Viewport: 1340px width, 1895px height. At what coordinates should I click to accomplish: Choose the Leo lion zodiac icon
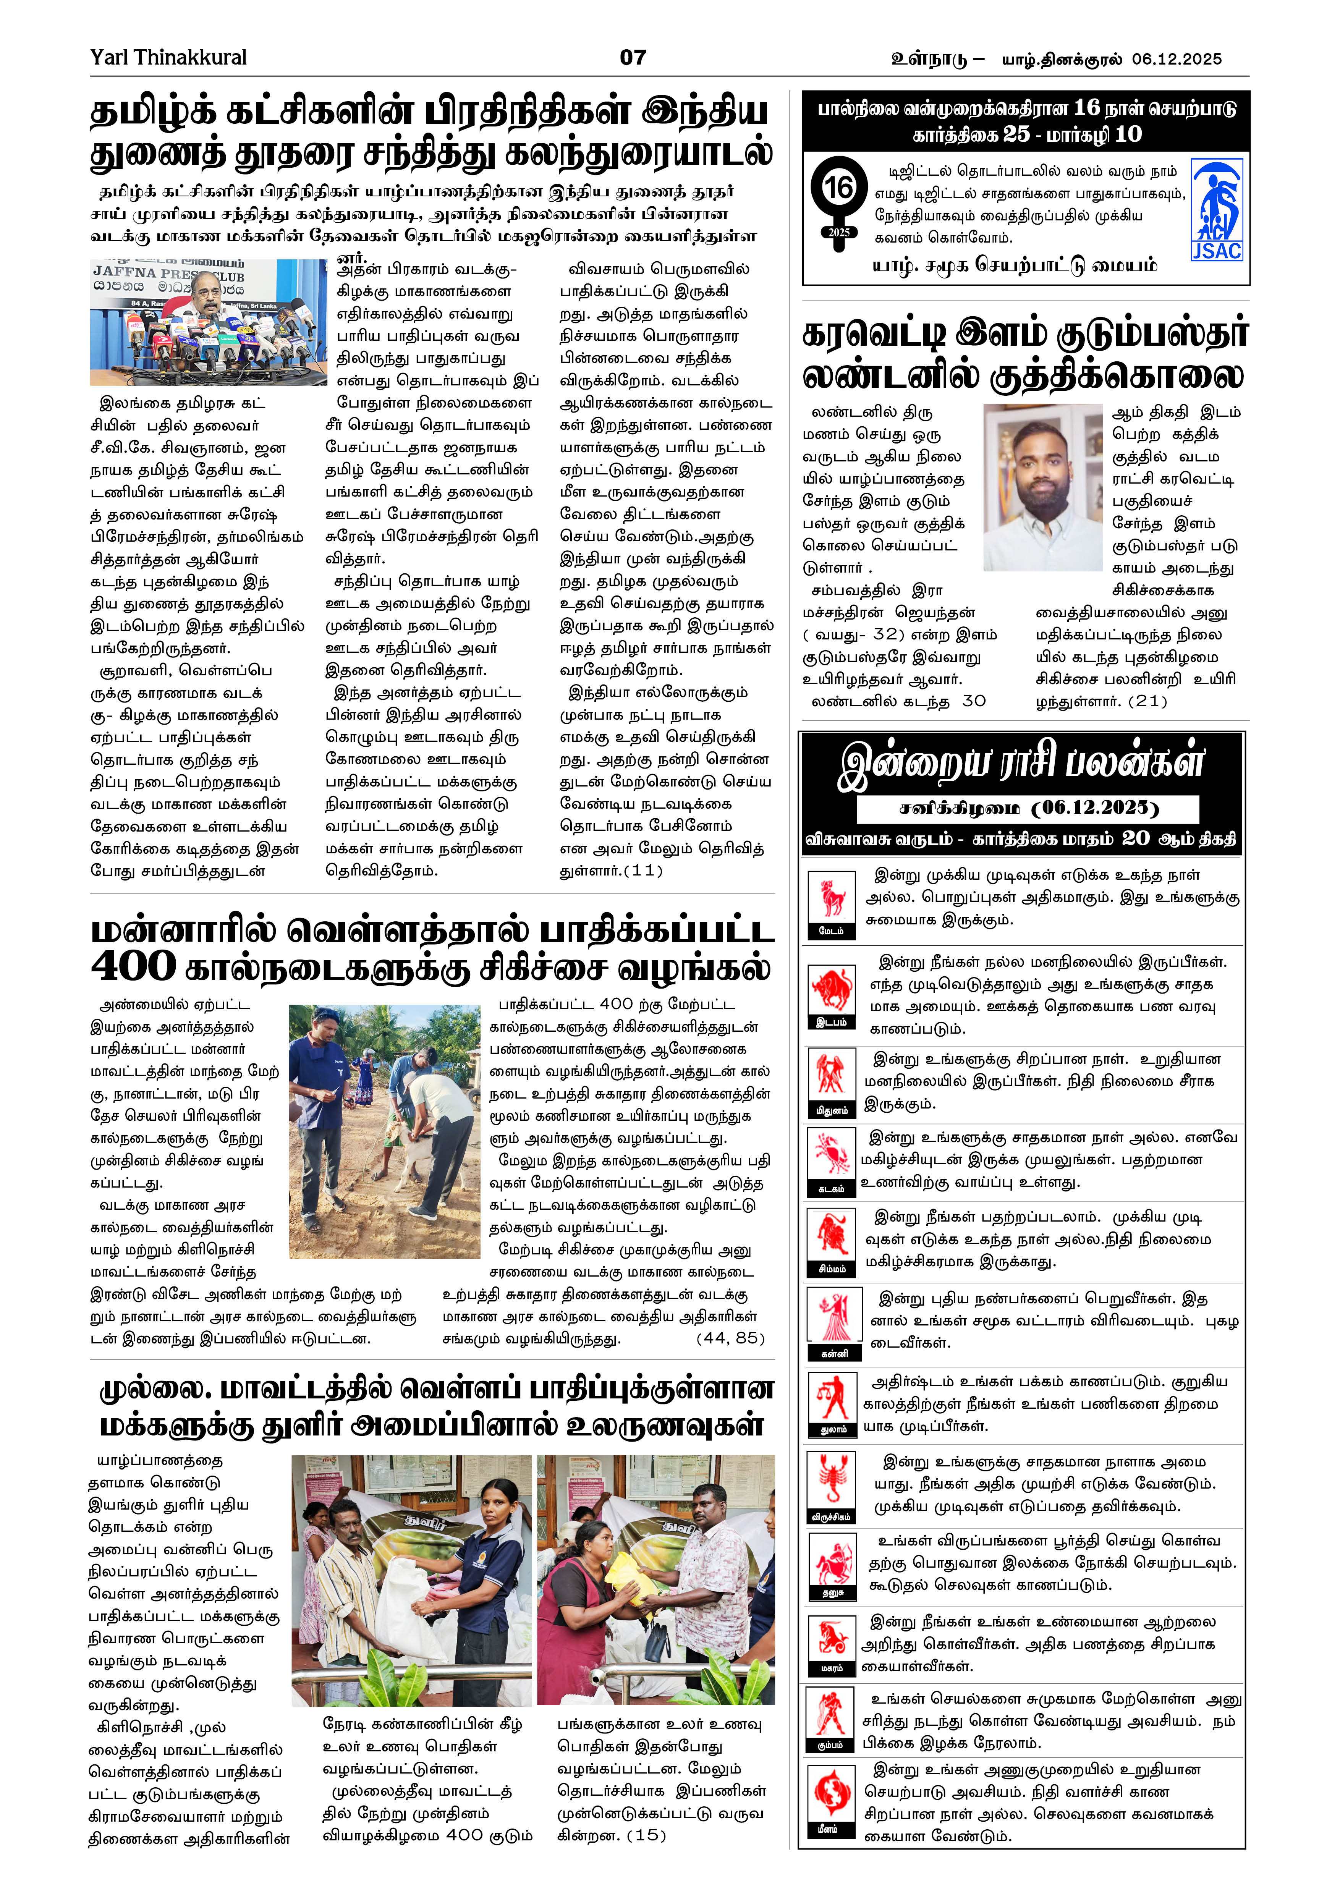pyautogui.click(x=831, y=1236)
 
